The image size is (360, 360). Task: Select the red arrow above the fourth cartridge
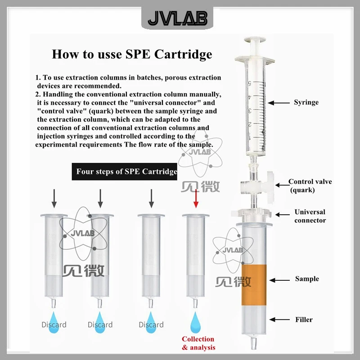(x=196, y=198)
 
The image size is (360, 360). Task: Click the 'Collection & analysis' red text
(x=198, y=343)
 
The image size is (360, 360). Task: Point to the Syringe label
(x=306, y=103)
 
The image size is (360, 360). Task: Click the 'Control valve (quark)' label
(x=310, y=185)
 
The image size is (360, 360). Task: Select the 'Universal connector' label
(x=310, y=216)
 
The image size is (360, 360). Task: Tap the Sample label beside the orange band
(x=307, y=279)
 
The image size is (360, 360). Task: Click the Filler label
(x=304, y=319)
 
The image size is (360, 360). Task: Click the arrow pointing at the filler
(x=279, y=319)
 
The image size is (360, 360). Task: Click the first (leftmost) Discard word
(x=54, y=324)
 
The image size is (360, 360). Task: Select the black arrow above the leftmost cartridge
(x=54, y=198)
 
